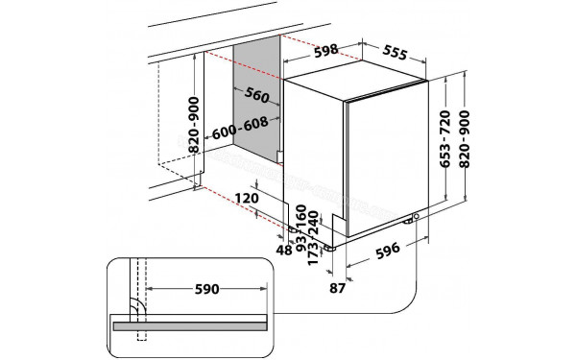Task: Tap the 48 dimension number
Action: (x=284, y=250)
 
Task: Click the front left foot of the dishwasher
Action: (x=331, y=247)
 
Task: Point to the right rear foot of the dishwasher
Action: (x=417, y=220)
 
